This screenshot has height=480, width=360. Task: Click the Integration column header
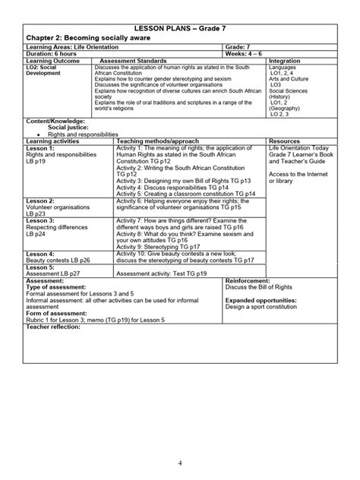(285, 61)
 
